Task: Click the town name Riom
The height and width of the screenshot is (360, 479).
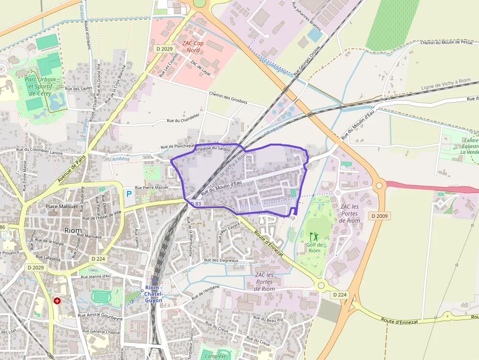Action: pyautogui.click(x=73, y=230)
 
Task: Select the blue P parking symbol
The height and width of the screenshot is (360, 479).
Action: pyautogui.click(x=129, y=194)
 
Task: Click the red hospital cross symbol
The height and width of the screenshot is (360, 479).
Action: pyautogui.click(x=57, y=301)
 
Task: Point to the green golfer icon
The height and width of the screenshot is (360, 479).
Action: pyautogui.click(x=314, y=236)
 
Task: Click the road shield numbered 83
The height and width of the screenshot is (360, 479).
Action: pyautogui.click(x=196, y=203)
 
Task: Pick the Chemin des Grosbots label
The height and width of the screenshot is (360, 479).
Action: pyautogui.click(x=228, y=98)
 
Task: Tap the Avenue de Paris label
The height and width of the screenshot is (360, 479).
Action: pyautogui.click(x=71, y=169)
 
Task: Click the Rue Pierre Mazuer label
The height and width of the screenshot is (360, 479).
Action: pyautogui.click(x=152, y=187)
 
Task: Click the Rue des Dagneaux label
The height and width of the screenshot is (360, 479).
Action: pyautogui.click(x=221, y=260)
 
